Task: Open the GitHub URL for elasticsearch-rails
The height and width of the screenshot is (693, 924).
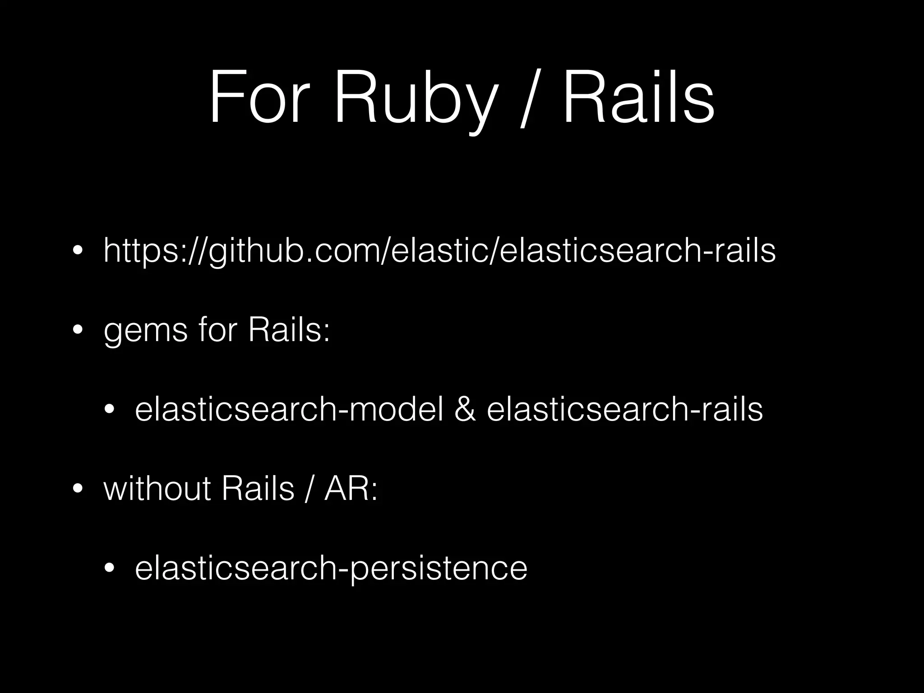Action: [439, 251]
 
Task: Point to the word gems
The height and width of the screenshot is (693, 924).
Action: [145, 331]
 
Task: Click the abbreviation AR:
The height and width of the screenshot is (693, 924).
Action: [351, 489]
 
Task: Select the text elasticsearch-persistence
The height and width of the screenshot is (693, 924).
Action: [331, 568]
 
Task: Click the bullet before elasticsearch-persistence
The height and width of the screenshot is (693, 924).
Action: [109, 568]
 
